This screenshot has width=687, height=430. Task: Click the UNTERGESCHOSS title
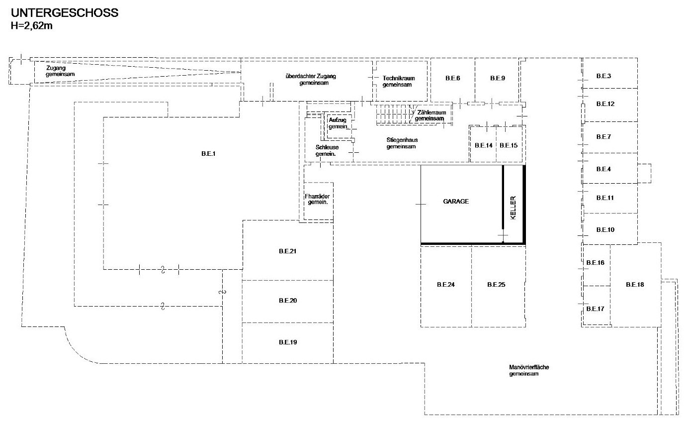(x=65, y=13)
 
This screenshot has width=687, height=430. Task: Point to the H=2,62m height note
(x=32, y=25)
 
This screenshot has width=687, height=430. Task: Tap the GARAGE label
(x=456, y=202)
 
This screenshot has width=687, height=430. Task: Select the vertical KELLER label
(x=513, y=208)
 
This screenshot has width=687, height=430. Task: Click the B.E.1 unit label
(x=208, y=154)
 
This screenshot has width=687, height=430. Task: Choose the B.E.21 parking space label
(x=288, y=251)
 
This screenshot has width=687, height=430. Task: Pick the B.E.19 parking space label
(x=288, y=342)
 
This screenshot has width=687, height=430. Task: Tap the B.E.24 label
(x=445, y=285)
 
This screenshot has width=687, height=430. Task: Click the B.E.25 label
(x=496, y=285)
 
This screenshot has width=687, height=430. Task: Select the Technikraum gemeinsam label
(x=398, y=82)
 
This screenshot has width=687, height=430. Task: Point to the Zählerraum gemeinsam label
(x=430, y=115)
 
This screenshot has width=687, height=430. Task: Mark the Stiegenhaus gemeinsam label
(x=402, y=143)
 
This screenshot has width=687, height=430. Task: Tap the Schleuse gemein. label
(x=327, y=150)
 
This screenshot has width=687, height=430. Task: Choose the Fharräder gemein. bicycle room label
(x=317, y=200)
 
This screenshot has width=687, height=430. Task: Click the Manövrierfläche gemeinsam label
(x=529, y=370)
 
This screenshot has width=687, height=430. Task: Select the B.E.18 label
(x=635, y=285)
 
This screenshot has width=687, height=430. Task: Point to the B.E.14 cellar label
(x=483, y=145)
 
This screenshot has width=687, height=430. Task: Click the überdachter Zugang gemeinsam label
(x=311, y=79)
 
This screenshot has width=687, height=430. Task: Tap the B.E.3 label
(x=603, y=76)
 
